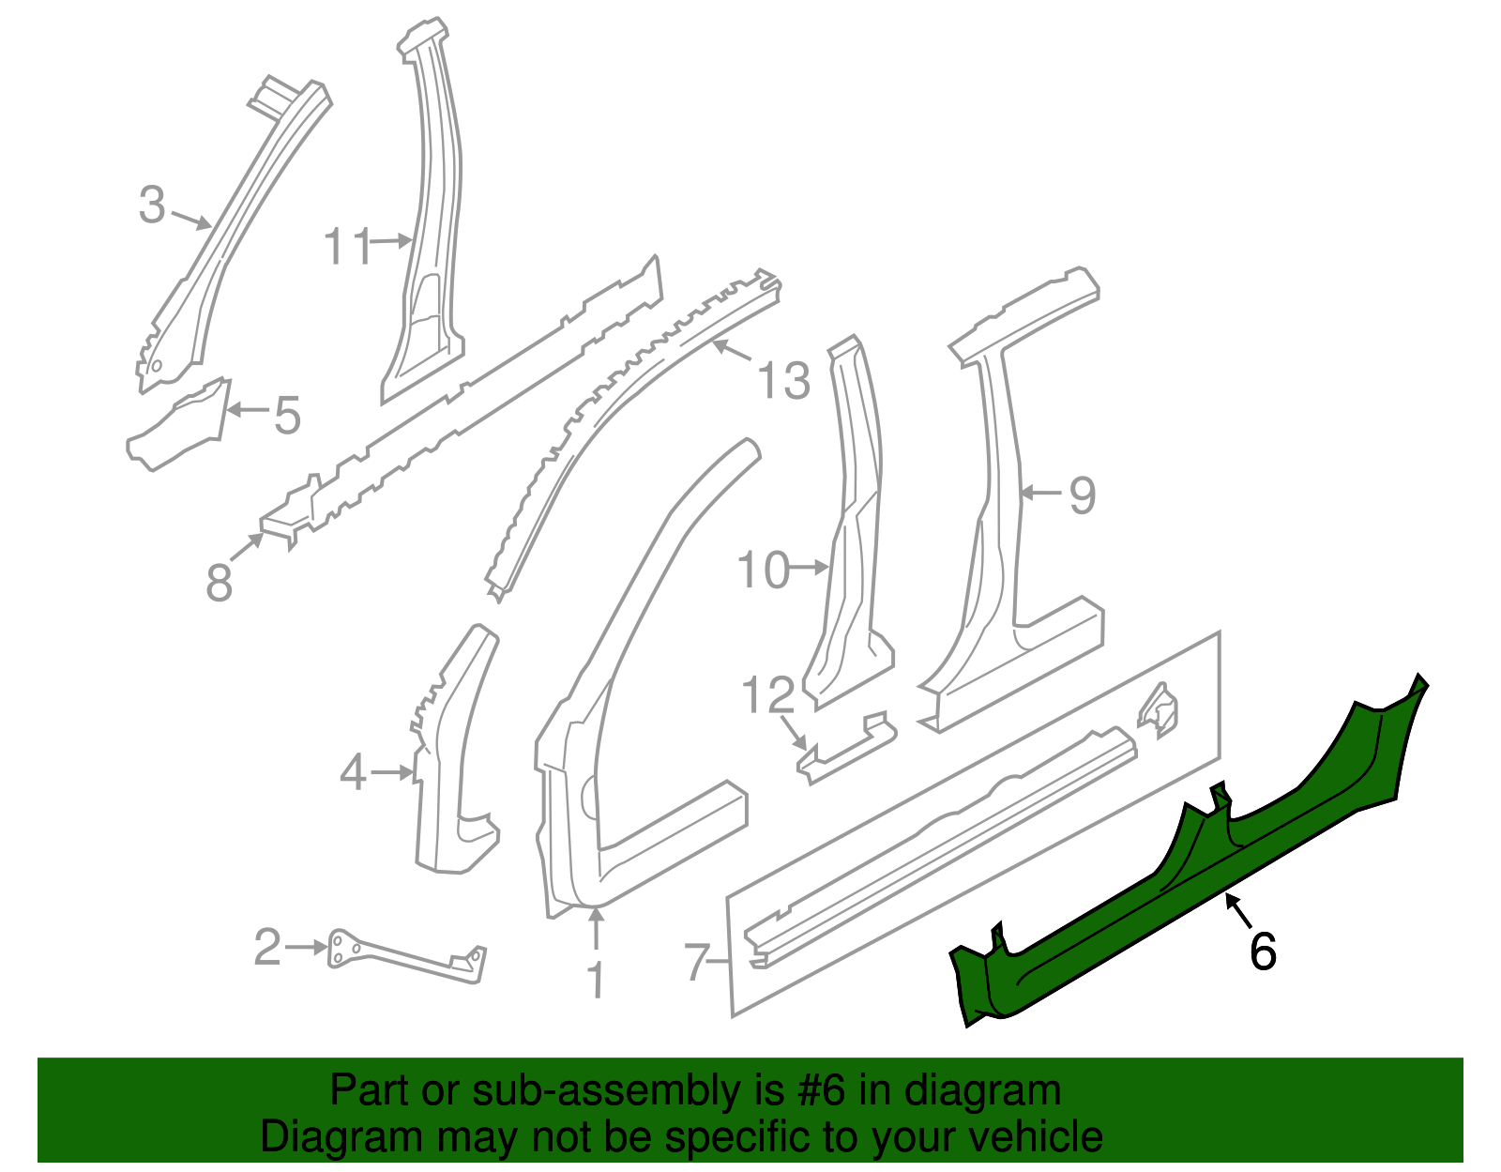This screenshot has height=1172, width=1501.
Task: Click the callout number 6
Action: click(x=1263, y=951)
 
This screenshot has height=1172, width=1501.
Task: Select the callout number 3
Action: click(x=152, y=205)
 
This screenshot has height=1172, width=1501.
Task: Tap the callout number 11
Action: click(x=347, y=247)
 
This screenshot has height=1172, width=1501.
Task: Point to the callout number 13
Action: click(x=783, y=381)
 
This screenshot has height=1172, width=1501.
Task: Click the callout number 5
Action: click(x=287, y=415)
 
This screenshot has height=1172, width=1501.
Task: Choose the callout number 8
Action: click(x=219, y=583)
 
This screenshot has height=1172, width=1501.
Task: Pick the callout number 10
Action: click(x=763, y=571)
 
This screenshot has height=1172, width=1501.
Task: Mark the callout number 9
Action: click(x=1082, y=495)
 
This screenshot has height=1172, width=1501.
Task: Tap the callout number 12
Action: click(x=767, y=695)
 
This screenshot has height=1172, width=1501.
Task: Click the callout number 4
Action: click(x=353, y=773)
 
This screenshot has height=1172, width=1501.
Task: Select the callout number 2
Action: click(x=267, y=948)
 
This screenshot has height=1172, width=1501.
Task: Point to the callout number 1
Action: click(x=596, y=980)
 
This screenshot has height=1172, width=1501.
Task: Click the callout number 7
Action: click(x=697, y=962)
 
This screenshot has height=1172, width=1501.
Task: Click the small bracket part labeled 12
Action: click(x=844, y=746)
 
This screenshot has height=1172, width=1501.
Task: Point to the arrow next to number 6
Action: click(x=1236, y=910)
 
